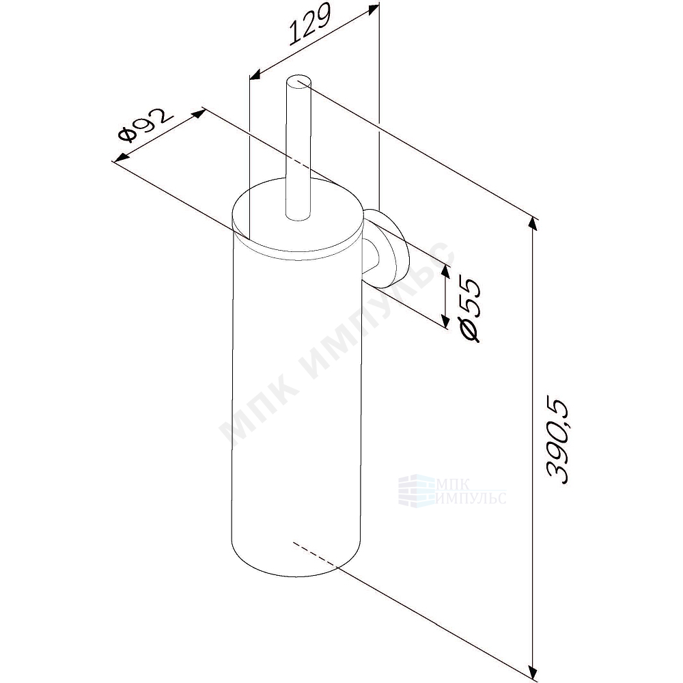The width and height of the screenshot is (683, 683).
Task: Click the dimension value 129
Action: point(310,25)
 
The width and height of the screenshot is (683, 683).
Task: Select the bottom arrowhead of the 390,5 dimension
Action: point(532,672)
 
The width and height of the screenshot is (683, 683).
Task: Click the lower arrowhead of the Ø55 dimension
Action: point(445,321)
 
